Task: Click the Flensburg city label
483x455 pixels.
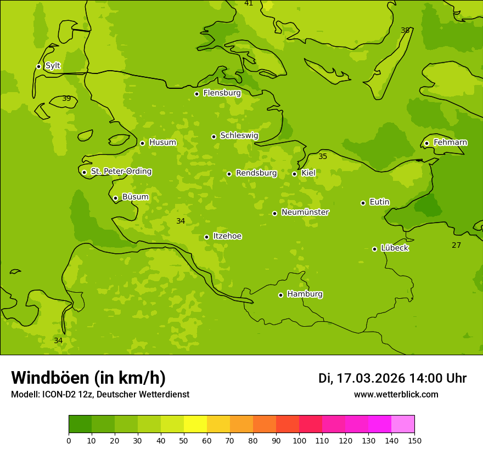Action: pos(222,93)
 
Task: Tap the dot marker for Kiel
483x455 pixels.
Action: pos(294,174)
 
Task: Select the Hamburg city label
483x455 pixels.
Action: pos(305,294)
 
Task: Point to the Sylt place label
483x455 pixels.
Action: pos(53,66)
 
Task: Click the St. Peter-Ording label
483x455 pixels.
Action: pos(121,172)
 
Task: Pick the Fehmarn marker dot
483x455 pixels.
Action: pos(426,143)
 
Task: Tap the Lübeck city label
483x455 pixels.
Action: pos(394,248)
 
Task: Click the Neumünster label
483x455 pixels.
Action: pos(305,212)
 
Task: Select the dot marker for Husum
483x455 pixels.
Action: pos(142,143)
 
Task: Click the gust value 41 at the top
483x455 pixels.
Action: pos(249,3)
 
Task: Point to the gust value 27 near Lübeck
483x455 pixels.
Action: pos(456,245)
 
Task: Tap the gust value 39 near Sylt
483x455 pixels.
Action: pos(66,99)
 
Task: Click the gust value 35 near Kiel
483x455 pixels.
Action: pos(323,157)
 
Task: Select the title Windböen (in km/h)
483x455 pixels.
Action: pos(88,378)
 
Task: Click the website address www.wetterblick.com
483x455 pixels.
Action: pos(396,395)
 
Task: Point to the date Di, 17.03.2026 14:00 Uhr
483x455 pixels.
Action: pos(392,378)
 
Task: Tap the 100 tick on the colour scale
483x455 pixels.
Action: pos(299,440)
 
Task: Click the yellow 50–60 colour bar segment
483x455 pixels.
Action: pos(195,424)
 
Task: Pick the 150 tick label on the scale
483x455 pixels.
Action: pos(414,440)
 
